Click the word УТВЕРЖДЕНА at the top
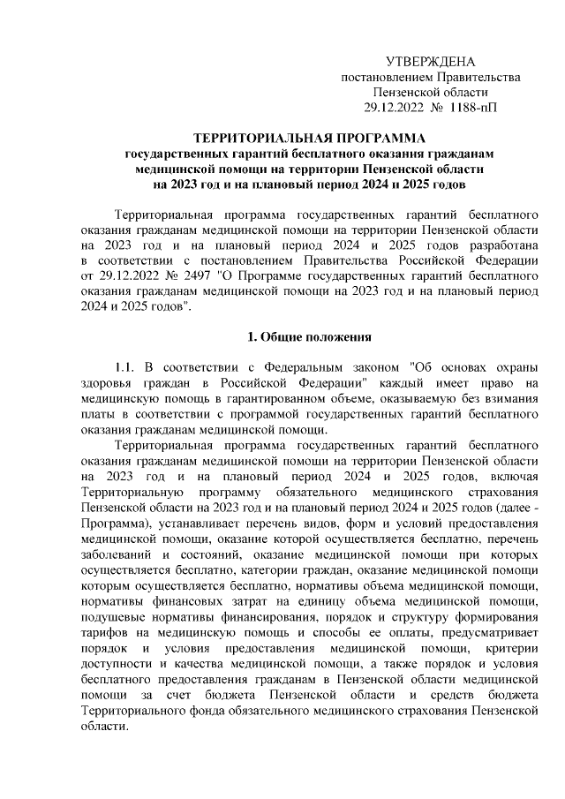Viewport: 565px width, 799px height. (x=431, y=61)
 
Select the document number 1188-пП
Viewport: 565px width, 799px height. (x=472, y=108)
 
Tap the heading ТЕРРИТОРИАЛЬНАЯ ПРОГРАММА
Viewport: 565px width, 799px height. (x=309, y=139)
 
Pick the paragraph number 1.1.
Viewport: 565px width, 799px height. (x=127, y=367)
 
